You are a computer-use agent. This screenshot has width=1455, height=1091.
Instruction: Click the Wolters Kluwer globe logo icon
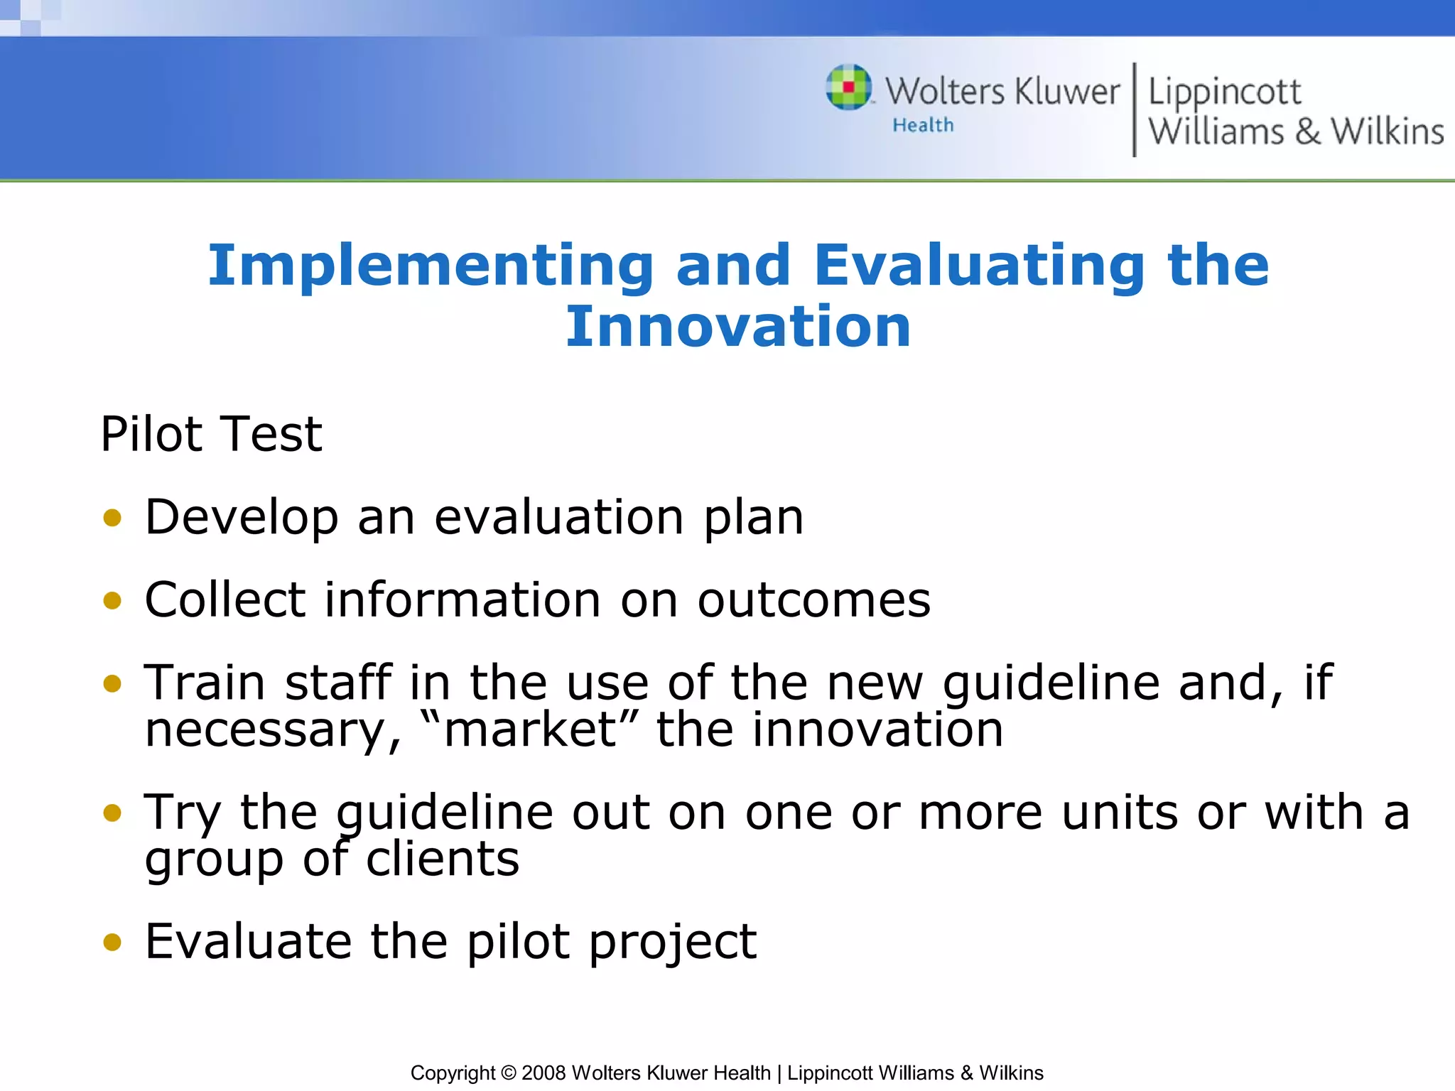coord(848,87)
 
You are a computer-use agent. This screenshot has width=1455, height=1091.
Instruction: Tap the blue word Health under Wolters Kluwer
coord(923,125)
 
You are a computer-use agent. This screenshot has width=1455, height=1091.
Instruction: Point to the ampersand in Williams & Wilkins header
coord(1307,132)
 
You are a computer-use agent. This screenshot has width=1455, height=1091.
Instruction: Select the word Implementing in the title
coord(430,266)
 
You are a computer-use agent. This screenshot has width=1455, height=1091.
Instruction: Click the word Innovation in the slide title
coord(737,327)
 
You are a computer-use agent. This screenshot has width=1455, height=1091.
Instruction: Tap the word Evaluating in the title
coord(978,266)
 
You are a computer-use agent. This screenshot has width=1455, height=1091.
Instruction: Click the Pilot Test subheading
coord(211,434)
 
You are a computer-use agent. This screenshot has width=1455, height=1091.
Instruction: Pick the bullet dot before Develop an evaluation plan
coord(112,518)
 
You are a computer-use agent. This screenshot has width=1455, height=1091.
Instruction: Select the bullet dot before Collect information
coord(112,601)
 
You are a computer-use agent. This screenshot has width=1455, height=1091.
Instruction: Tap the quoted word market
coord(530,730)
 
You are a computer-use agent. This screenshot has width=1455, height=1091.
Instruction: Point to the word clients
coord(442,859)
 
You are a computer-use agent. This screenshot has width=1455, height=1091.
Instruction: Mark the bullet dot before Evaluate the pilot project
coord(112,942)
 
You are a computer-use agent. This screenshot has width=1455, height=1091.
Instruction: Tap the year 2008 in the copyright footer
coord(543,1073)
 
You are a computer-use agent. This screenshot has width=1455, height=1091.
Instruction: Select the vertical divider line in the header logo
coord(1134,109)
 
